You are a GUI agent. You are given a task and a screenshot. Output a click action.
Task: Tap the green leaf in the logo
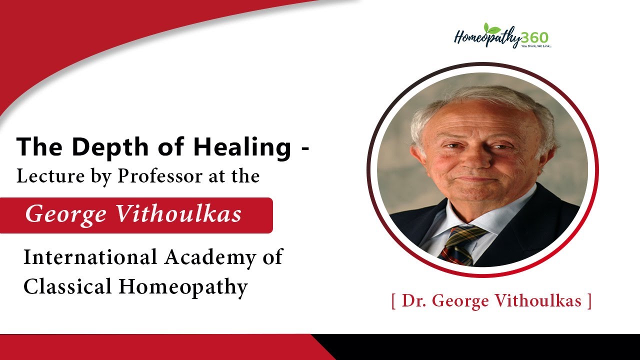coord(492,28)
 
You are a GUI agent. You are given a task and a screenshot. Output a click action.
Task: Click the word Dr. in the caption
coord(413,301)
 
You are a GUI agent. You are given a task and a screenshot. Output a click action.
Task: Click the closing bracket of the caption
coord(589,301)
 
